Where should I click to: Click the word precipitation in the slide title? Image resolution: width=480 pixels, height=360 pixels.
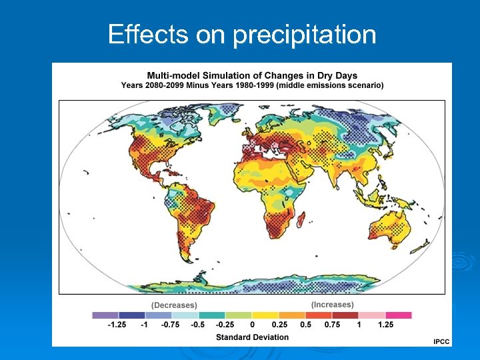(305, 35)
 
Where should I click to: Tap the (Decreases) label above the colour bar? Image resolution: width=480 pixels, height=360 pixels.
(174, 305)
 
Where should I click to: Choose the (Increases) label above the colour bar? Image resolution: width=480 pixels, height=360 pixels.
(332, 305)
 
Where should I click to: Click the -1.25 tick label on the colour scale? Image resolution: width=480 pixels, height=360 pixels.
(118, 325)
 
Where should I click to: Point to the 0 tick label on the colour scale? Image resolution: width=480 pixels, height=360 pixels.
(252, 325)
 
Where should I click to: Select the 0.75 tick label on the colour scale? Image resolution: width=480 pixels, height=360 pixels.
(331, 325)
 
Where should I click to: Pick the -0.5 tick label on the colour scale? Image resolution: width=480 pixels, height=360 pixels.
(198, 325)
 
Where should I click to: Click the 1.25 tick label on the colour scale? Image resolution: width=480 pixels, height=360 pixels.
(385, 325)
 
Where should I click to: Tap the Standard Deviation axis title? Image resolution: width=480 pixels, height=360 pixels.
(252, 337)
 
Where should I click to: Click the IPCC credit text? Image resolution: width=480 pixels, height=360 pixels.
(441, 341)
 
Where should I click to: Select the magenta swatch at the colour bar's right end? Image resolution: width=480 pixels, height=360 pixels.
(399, 315)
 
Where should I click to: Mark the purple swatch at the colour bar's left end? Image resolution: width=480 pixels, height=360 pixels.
(105, 315)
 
